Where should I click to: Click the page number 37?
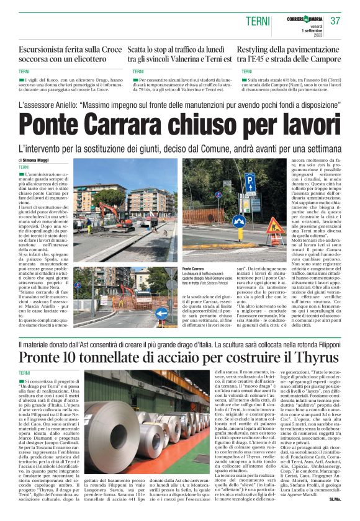(336, 20)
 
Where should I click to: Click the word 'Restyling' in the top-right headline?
(256, 49)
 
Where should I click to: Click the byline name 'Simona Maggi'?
(41, 161)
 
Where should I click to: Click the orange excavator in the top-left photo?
(112, 214)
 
